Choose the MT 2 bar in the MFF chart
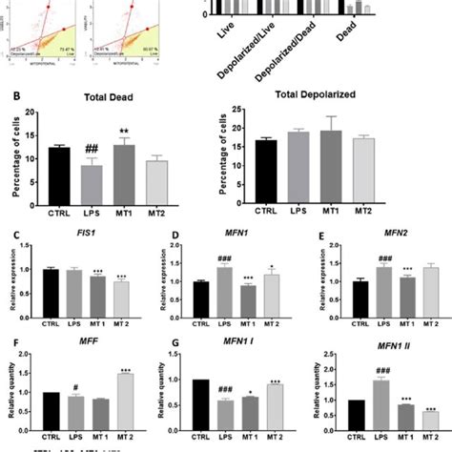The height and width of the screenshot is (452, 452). coord(119,401)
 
